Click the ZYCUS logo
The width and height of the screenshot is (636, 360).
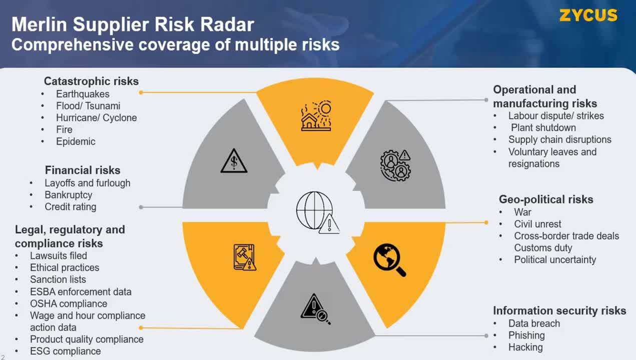pos(588,15)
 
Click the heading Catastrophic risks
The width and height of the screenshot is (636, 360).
pos(91,81)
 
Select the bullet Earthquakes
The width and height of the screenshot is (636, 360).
pos(83,94)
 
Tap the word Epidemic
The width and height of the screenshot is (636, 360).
pos(76,141)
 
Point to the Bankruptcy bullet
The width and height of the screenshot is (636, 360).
pos(69,195)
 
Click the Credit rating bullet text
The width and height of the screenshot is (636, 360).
pos(71,207)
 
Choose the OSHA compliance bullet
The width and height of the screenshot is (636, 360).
pos(69,303)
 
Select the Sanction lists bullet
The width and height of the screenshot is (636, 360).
pos(58,279)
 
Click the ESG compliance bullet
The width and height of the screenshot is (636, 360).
pos(66,351)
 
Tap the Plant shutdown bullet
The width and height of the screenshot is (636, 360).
pos(543,128)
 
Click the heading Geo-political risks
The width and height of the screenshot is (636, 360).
pos(546,199)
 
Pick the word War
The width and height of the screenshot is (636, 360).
pos(523,212)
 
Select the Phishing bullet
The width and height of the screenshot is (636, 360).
pos(526,335)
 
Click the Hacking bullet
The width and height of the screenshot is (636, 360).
pos(525,347)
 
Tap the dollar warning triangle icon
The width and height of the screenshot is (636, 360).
pos(234,161)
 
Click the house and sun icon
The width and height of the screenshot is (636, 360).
pos(316,116)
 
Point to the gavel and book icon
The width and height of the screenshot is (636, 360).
pos(245,257)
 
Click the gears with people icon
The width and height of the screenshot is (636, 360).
pos(395,164)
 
